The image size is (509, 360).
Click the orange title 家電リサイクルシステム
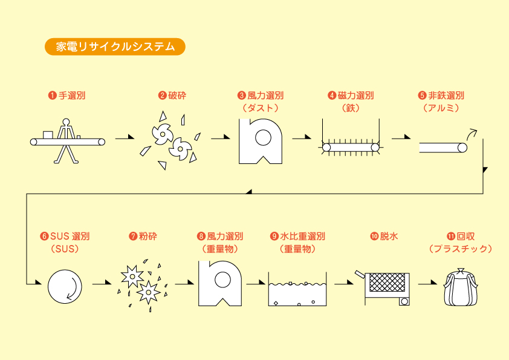pyautogui.click(x=114, y=47)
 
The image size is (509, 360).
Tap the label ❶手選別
pyautogui.click(x=67, y=96)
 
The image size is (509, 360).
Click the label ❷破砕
pyautogui.click(x=172, y=96)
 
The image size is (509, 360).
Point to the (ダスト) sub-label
pyautogui.click(x=261, y=108)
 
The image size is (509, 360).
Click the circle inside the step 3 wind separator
pyautogui.click(x=263, y=137)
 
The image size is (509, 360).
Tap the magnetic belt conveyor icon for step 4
pyautogui.click(x=351, y=146)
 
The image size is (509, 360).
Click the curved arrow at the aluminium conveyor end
pyautogui.click(x=471, y=133)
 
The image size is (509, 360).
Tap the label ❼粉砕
pyautogui.click(x=143, y=236)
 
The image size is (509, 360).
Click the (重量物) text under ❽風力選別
pyautogui.click(x=220, y=249)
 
